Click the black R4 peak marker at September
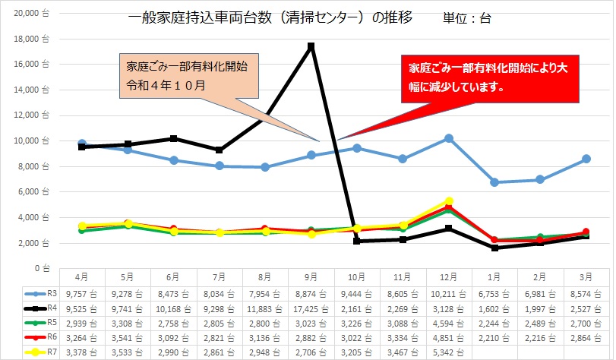(311, 46)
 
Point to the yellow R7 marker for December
(449, 201)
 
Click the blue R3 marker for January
(494, 182)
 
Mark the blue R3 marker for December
(449, 138)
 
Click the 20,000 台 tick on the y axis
(30, 14)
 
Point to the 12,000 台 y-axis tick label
(30, 115)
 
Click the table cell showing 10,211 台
(449, 292)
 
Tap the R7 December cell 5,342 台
(449, 352)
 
